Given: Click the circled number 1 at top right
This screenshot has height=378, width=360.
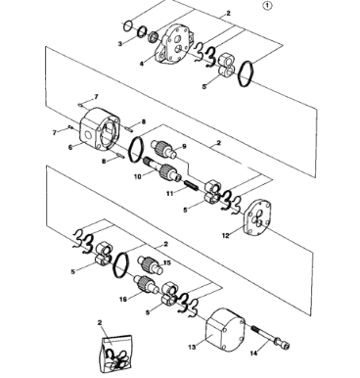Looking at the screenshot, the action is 267,6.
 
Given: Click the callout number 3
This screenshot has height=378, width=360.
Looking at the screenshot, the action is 120,44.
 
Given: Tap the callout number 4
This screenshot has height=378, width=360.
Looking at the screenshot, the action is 142,64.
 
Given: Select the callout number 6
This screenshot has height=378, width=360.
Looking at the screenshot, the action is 70,147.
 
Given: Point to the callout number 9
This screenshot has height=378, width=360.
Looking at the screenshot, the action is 184,147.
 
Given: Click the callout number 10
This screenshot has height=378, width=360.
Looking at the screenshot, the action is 138,176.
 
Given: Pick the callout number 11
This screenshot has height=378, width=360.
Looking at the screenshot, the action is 169,194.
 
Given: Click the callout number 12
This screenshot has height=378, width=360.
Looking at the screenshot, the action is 226,235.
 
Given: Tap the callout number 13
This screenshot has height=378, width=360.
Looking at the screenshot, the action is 192,347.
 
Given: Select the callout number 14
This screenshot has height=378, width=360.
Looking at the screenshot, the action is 253,353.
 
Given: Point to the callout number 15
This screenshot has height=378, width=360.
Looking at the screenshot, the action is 167,262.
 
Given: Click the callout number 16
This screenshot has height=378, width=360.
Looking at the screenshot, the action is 123,299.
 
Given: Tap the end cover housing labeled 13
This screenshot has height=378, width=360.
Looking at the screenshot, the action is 226,330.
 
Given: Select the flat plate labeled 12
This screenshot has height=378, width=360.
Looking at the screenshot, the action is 258,218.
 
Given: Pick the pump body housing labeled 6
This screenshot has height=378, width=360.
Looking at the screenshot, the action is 100,129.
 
